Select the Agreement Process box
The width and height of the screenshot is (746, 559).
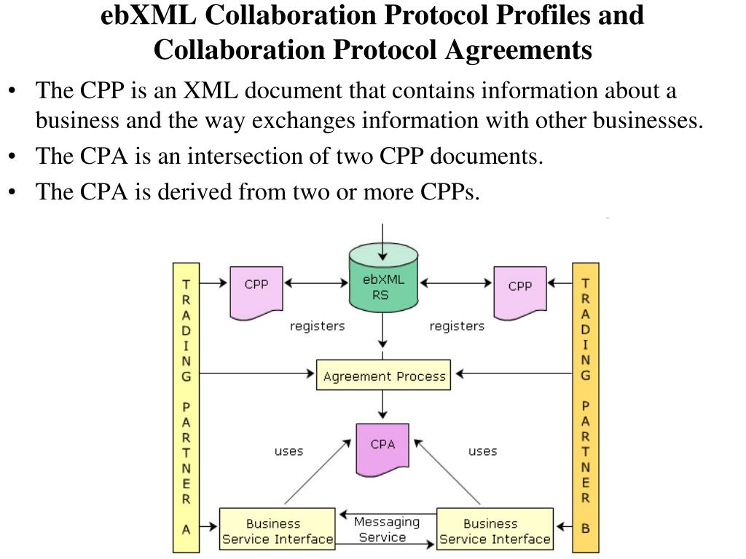pyautogui.click(x=383, y=376)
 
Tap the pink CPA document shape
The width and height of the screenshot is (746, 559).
pyautogui.click(x=382, y=445)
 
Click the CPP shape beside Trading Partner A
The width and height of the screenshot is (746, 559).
pyautogui.click(x=256, y=291)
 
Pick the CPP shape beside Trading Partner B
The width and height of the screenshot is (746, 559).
pyautogui.click(x=519, y=291)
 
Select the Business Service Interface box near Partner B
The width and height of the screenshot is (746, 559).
pyautogui.click(x=495, y=531)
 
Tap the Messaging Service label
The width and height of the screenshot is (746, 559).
pyautogui.click(x=386, y=530)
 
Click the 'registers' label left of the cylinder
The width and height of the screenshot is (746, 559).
pyautogui.click(x=317, y=326)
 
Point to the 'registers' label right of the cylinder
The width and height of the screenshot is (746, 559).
pyautogui.click(x=457, y=326)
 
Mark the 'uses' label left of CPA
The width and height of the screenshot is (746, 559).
pyautogui.click(x=288, y=451)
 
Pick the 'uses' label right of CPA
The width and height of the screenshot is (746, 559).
pyautogui.click(x=482, y=451)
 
